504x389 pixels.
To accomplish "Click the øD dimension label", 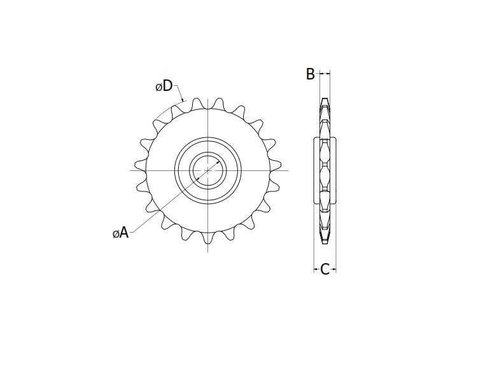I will tap(164, 86).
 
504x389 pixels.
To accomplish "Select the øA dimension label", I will tap(121, 233).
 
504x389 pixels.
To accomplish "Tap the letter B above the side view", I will tap(311, 74).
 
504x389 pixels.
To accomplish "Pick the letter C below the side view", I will tap(325, 270).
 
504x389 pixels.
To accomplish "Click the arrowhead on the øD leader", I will tap(183, 100).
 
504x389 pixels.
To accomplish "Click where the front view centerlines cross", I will tap(208, 170).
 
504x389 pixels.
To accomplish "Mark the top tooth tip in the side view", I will tap(325, 99).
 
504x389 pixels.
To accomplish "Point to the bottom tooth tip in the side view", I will tap(325, 242).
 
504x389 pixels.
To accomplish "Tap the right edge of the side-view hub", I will tap(337, 170).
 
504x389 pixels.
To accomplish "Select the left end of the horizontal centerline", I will tap(130, 170).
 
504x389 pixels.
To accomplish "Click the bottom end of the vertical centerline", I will tap(208, 252).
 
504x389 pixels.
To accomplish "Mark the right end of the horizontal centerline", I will tap(288, 170).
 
